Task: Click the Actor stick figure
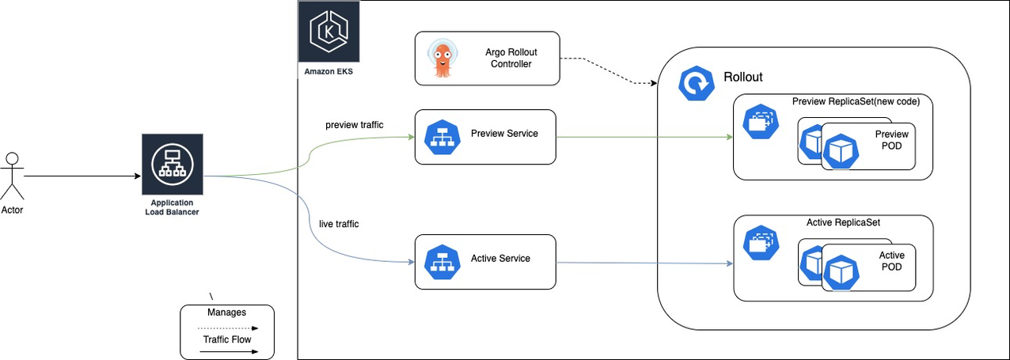[x=12, y=176]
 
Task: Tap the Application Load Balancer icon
[x=172, y=164]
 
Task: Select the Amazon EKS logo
[x=328, y=32]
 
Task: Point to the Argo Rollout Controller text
[x=510, y=58]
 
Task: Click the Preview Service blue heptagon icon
[x=442, y=137]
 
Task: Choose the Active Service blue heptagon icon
[x=442, y=262]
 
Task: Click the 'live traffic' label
[x=338, y=224]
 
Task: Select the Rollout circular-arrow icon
[x=696, y=84]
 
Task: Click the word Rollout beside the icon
[x=742, y=78]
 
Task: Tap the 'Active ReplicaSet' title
[x=843, y=222]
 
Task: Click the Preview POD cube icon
[x=839, y=151]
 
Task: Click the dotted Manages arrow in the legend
[x=226, y=328]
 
